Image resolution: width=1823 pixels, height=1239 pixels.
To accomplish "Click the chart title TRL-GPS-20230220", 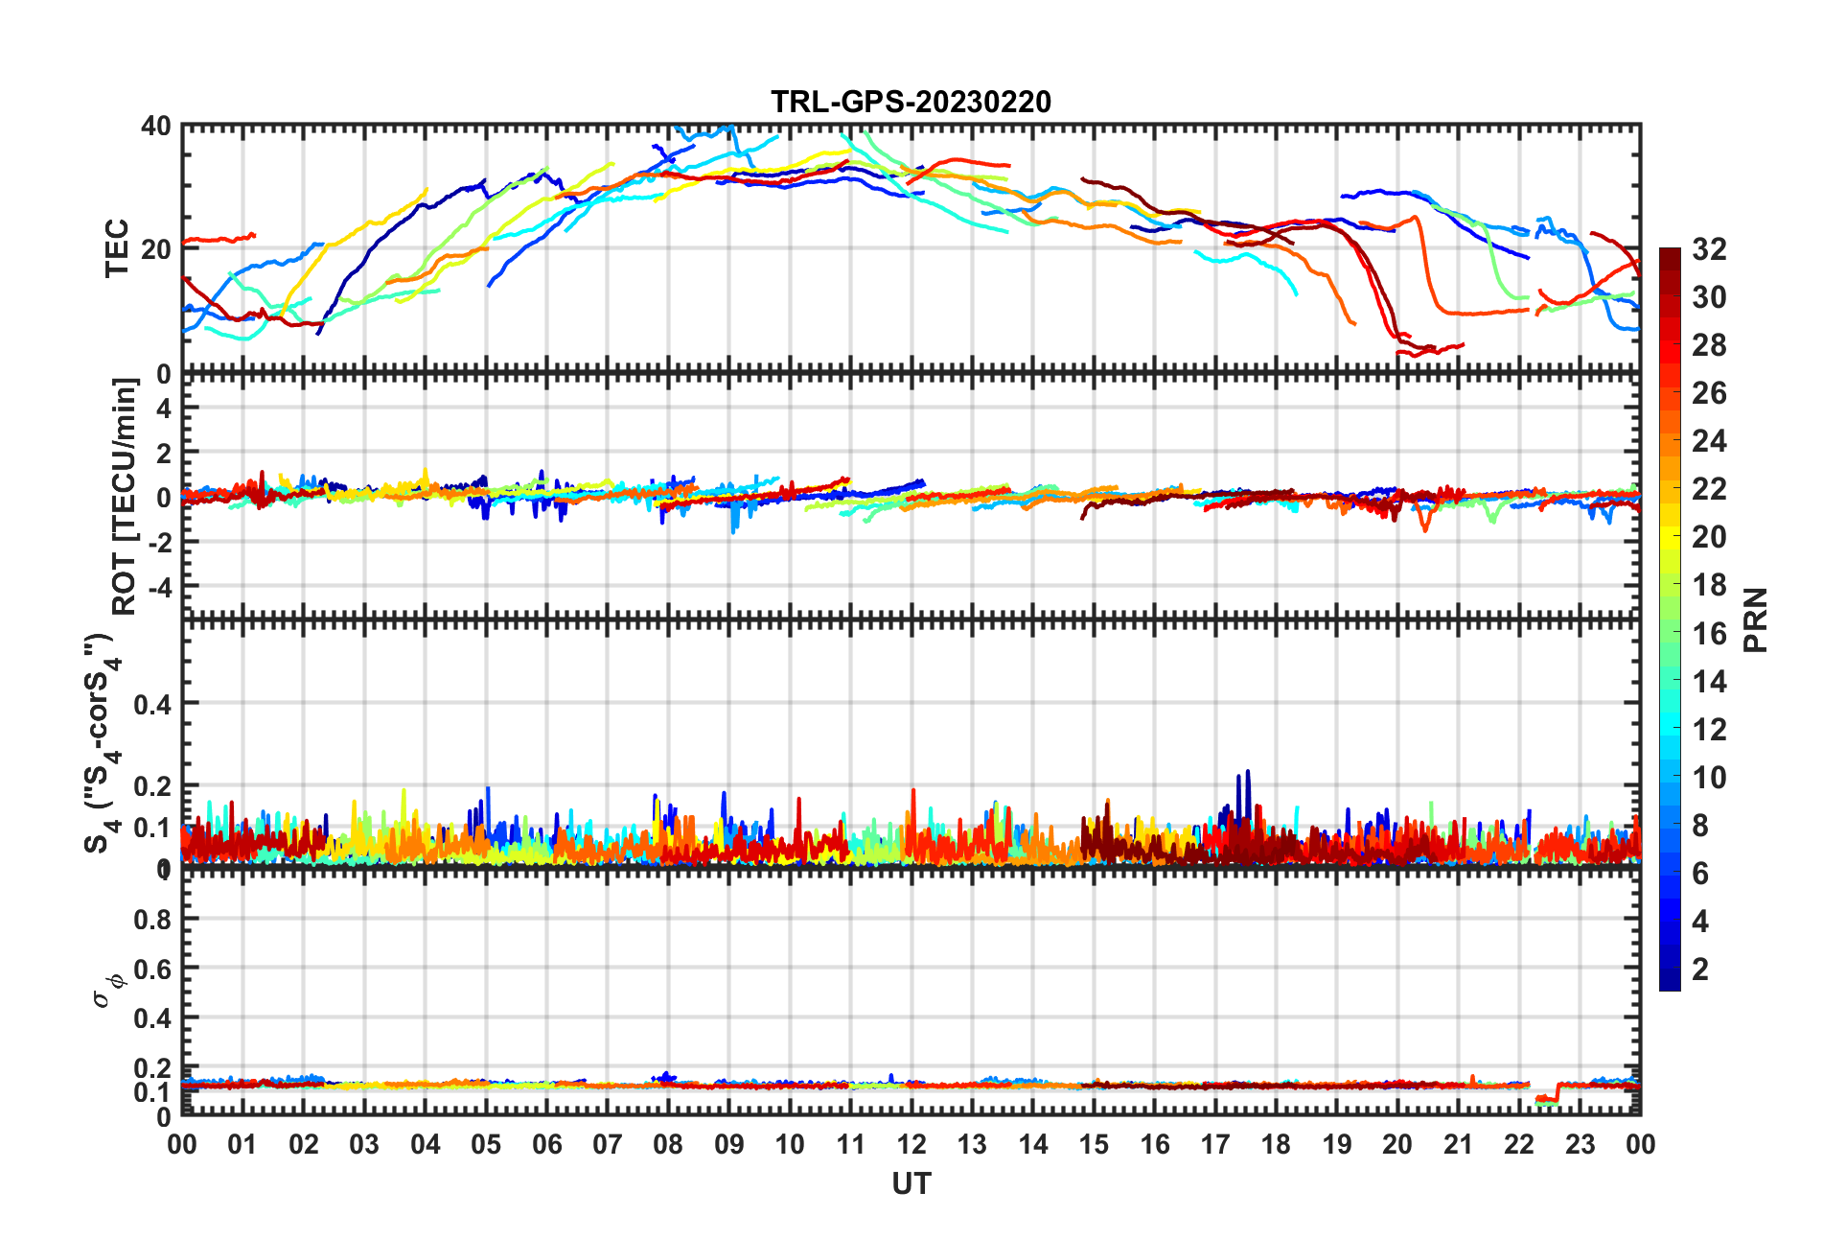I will (x=911, y=102).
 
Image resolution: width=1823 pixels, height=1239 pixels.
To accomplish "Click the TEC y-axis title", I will (x=117, y=248).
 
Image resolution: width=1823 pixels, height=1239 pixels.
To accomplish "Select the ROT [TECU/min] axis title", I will (x=125, y=496).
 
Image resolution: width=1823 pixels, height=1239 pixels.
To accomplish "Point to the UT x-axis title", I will (x=911, y=1184).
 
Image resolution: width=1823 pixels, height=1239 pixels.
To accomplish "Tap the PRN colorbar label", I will (x=1755, y=619).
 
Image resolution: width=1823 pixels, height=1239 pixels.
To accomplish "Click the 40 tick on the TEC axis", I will (x=156, y=127).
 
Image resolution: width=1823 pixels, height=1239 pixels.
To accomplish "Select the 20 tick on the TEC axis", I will (x=156, y=249).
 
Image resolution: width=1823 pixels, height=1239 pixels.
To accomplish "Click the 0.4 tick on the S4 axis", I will (x=151, y=705).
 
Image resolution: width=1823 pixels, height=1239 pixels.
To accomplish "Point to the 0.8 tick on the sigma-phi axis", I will (x=151, y=920).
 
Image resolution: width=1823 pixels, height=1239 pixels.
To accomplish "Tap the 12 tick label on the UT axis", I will (x=911, y=1144).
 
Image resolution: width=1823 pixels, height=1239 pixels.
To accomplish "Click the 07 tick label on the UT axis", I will (x=607, y=1144).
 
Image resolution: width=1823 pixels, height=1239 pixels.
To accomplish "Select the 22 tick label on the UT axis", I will (x=1518, y=1144).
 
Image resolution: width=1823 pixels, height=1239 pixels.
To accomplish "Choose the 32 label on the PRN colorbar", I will (x=1709, y=249).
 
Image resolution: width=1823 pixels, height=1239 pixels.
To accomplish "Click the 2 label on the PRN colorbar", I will (x=1700, y=969).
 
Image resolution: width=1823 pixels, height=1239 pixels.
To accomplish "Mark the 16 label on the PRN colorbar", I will (x=1709, y=633).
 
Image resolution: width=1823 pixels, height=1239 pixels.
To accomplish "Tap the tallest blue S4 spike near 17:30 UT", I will (x=1247, y=773).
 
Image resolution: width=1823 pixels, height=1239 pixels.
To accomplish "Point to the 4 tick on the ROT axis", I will (x=163, y=409).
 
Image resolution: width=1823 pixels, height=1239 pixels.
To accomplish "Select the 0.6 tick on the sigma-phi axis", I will (x=151, y=969).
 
